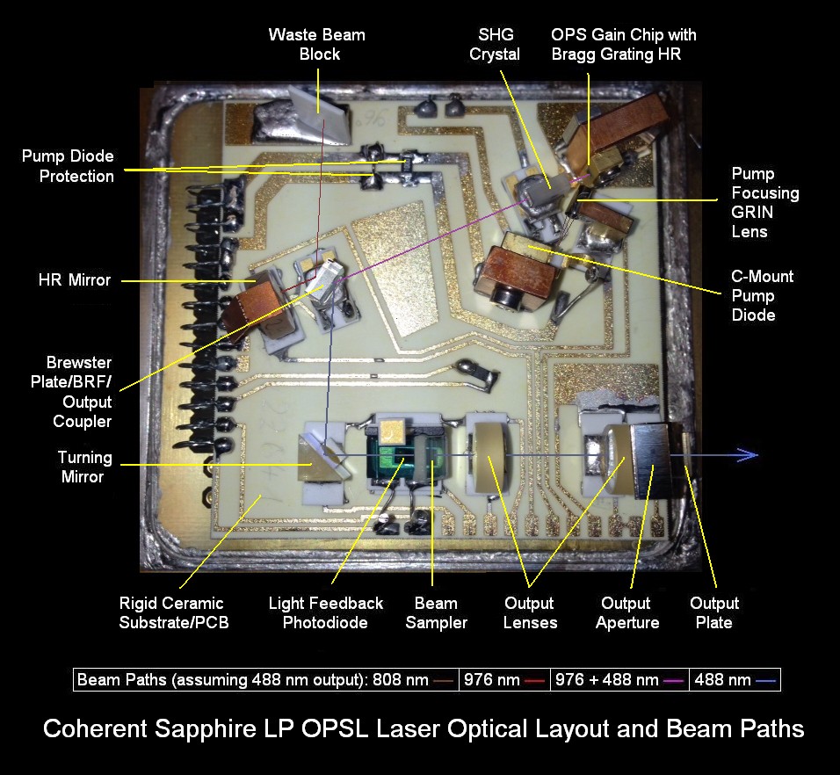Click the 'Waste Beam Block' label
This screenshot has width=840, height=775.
click(x=316, y=44)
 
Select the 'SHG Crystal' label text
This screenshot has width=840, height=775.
click(x=494, y=44)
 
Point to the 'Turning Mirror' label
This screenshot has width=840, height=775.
click(x=85, y=467)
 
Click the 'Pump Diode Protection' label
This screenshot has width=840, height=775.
click(x=68, y=166)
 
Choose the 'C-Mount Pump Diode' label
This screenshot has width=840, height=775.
click(x=762, y=295)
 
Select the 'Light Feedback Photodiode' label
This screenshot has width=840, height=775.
click(x=326, y=612)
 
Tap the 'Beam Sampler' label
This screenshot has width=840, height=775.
click(x=436, y=612)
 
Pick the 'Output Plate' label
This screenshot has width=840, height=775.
click(x=713, y=612)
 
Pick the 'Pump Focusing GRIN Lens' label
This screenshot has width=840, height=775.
click(x=764, y=203)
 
